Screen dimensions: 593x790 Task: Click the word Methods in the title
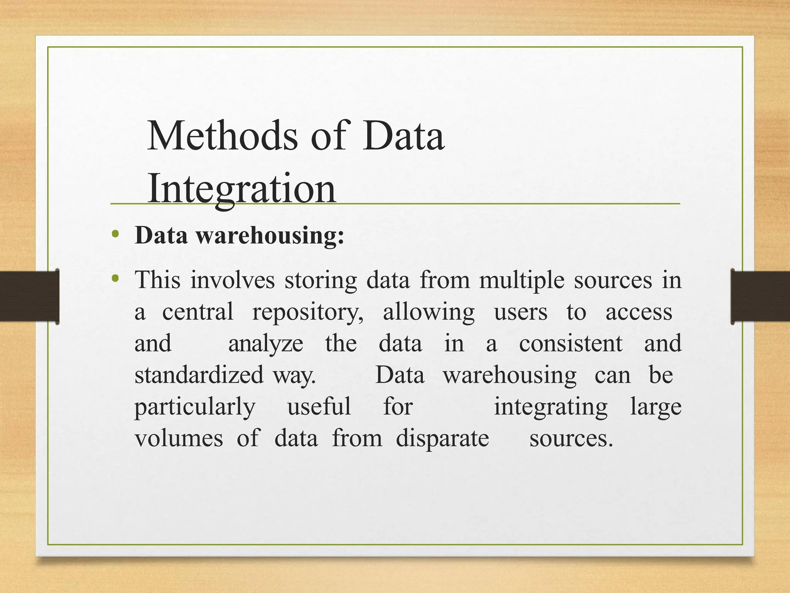223,136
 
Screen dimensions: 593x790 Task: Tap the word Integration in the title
242,188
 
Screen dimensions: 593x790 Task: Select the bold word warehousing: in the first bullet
270,235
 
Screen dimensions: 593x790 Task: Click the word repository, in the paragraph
307,312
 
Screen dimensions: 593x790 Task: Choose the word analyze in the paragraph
266,343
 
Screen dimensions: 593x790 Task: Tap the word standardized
199,375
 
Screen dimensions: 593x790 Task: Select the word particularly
195,407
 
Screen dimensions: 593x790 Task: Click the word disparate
442,438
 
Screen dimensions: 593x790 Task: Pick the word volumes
179,438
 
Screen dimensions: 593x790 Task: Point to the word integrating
550,407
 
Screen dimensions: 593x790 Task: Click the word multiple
522,280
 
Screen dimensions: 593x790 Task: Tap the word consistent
571,343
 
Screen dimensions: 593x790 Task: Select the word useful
319,407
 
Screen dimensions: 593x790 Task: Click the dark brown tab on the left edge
29,296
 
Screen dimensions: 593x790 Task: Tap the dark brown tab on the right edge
760,296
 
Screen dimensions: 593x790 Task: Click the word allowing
429,312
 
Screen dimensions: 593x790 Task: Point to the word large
656,407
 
